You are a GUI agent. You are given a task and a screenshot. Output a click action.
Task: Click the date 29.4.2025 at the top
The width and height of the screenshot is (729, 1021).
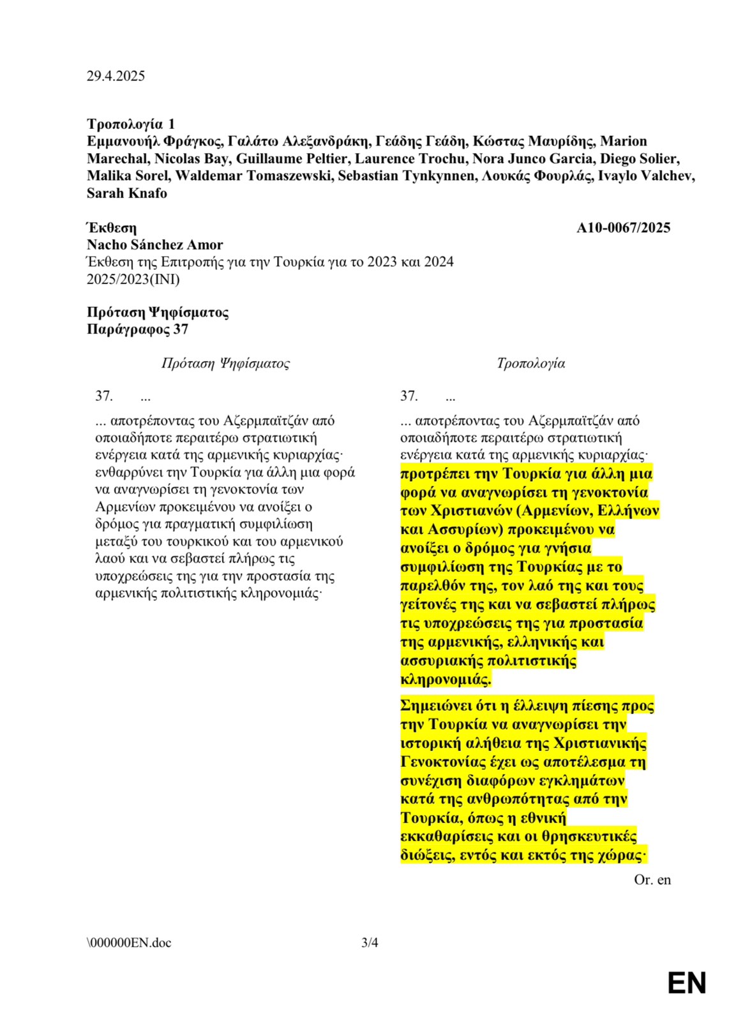coord(116,76)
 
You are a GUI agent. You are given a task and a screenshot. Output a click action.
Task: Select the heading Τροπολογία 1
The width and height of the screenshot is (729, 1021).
coord(131,124)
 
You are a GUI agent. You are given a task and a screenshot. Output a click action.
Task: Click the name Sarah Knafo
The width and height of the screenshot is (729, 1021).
coord(126,193)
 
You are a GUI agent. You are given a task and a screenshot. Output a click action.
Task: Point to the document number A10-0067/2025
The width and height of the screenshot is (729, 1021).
coord(623,228)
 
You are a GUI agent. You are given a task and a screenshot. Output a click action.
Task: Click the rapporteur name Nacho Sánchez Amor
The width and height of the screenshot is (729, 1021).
coord(154,244)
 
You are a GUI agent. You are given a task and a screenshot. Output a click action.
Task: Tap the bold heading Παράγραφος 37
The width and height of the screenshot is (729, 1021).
coord(137,329)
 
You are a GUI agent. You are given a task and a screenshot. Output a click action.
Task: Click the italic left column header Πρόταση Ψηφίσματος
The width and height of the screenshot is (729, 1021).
coord(225,363)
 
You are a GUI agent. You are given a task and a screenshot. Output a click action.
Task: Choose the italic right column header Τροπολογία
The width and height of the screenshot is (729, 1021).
coord(530,363)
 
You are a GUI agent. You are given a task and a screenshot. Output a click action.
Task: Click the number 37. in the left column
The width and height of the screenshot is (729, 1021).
coord(104,396)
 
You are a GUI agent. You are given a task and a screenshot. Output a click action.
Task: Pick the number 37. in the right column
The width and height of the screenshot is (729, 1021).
coord(409,396)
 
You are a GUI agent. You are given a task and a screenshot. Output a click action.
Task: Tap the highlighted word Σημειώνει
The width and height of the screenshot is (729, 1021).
coord(436,706)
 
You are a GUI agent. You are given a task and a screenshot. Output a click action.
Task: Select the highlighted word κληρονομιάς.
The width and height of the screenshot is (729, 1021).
coord(446,679)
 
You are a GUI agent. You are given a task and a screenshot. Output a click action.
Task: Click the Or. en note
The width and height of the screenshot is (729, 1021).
coord(652,880)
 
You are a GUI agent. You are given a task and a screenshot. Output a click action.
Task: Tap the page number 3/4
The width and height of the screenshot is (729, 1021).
coord(370,943)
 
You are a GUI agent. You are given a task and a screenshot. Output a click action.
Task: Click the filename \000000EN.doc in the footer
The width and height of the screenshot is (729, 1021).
coord(129,943)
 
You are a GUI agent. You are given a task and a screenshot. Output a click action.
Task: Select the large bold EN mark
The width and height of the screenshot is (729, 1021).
coord(687,983)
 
